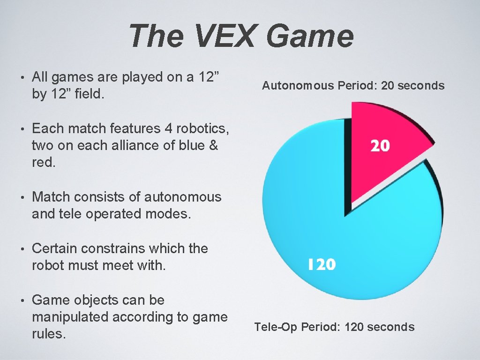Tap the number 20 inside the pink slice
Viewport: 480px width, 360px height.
380,146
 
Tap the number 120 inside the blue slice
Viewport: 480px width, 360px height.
322,265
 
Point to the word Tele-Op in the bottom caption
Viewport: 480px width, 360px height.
276,327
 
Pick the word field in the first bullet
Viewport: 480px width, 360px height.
89,94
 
